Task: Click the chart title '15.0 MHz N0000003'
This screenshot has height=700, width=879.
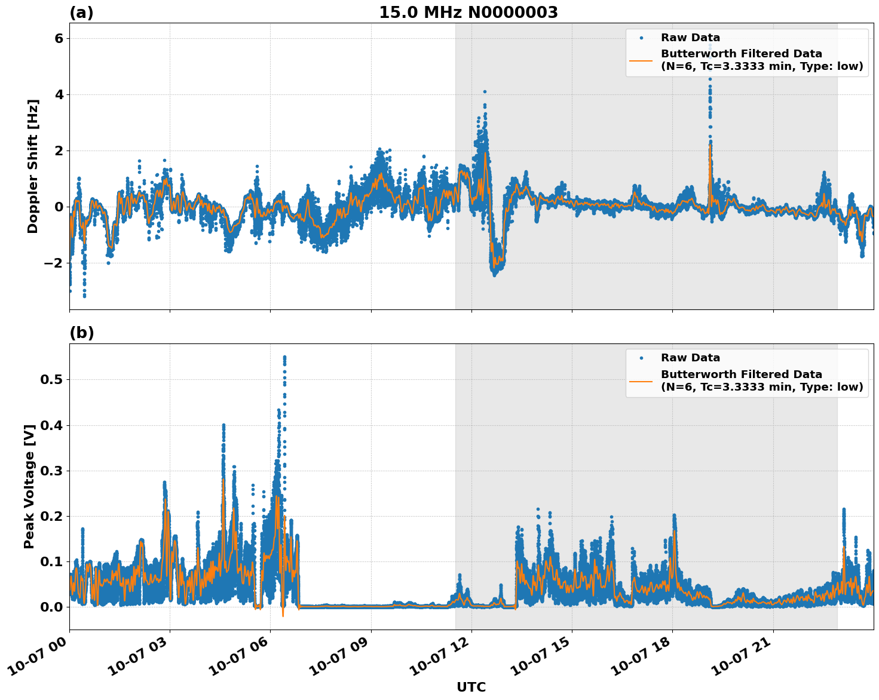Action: [x=468, y=13]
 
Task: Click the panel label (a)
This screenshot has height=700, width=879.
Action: [x=81, y=13]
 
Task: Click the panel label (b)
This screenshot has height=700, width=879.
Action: [x=81, y=333]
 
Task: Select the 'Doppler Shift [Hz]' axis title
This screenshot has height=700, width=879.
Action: [x=33, y=166]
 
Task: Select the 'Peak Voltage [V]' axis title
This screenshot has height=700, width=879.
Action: [x=29, y=486]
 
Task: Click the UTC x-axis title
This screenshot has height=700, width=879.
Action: [x=471, y=687]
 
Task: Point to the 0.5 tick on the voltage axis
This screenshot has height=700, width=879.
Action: [x=51, y=380]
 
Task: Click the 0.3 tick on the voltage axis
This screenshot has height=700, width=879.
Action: [x=51, y=471]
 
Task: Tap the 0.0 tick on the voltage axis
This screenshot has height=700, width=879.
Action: [x=51, y=607]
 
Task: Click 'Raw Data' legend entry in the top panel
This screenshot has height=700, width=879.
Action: [x=690, y=38]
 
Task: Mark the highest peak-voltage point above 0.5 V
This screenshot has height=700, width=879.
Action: [x=284, y=357]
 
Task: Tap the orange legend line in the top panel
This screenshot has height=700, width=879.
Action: [x=641, y=60]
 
